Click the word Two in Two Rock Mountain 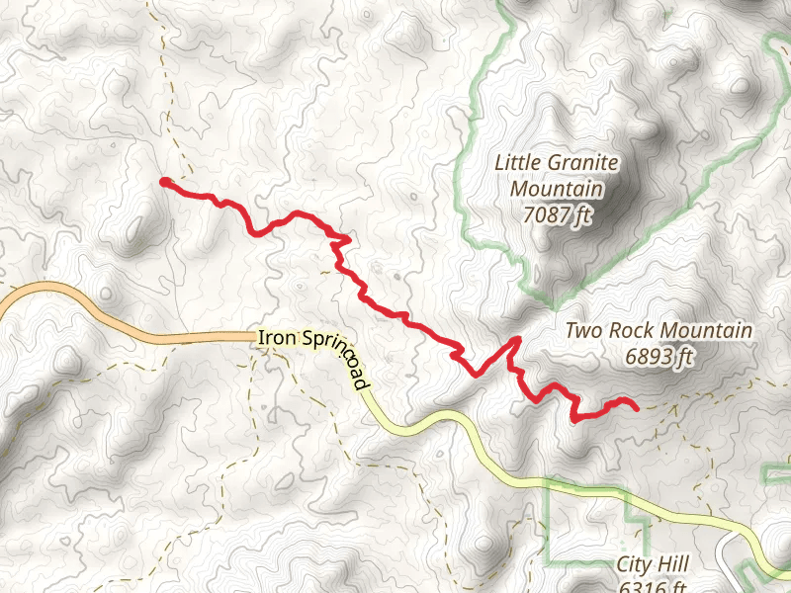(582, 331)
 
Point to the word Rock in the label (628, 331)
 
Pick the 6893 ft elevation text (659, 357)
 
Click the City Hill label (652, 564)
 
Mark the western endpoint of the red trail (164, 182)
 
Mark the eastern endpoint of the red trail (635, 406)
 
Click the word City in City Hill (633, 564)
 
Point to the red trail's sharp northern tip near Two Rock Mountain (516, 341)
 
